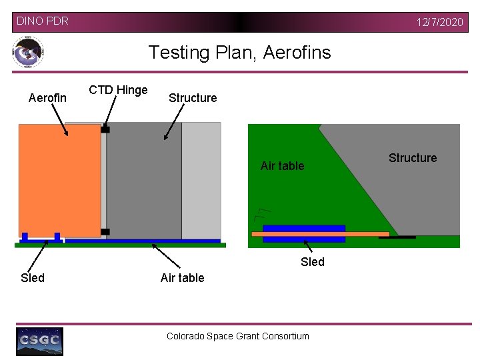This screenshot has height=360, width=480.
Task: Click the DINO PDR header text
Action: pyautogui.click(x=42, y=21)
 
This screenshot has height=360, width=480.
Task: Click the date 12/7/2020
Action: pyautogui.click(x=439, y=22)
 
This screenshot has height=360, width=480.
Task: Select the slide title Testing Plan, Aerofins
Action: pyautogui.click(x=239, y=52)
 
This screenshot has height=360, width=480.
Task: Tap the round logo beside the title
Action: pyautogui.click(x=28, y=52)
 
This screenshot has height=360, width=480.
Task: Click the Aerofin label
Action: pyautogui.click(x=47, y=98)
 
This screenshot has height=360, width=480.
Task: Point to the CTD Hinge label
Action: pyautogui.click(x=118, y=90)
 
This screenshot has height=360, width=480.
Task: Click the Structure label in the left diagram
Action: pyautogui.click(x=193, y=98)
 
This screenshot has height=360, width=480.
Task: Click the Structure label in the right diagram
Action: pyautogui.click(x=413, y=158)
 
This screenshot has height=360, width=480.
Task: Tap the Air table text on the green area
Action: pyautogui.click(x=282, y=166)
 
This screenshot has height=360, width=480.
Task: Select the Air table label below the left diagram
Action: pyautogui.click(x=182, y=278)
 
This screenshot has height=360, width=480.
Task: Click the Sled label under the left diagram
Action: pyautogui.click(x=33, y=278)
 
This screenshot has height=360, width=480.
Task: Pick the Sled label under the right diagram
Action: pyautogui.click(x=312, y=262)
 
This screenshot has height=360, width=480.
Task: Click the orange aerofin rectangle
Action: pyautogui.click(x=59, y=180)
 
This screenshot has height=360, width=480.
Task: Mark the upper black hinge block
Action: pyautogui.click(x=105, y=129)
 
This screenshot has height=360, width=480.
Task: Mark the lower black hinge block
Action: pyautogui.click(x=105, y=232)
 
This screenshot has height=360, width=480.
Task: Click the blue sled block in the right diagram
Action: pyautogui.click(x=304, y=228)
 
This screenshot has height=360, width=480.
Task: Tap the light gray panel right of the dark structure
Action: pyautogui.click(x=201, y=180)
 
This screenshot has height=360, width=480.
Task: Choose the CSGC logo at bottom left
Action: pyautogui.click(x=39, y=341)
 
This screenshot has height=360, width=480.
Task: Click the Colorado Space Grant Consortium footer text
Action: pyautogui.click(x=238, y=336)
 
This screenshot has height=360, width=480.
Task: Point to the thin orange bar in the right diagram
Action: pyautogui.click(x=320, y=234)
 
